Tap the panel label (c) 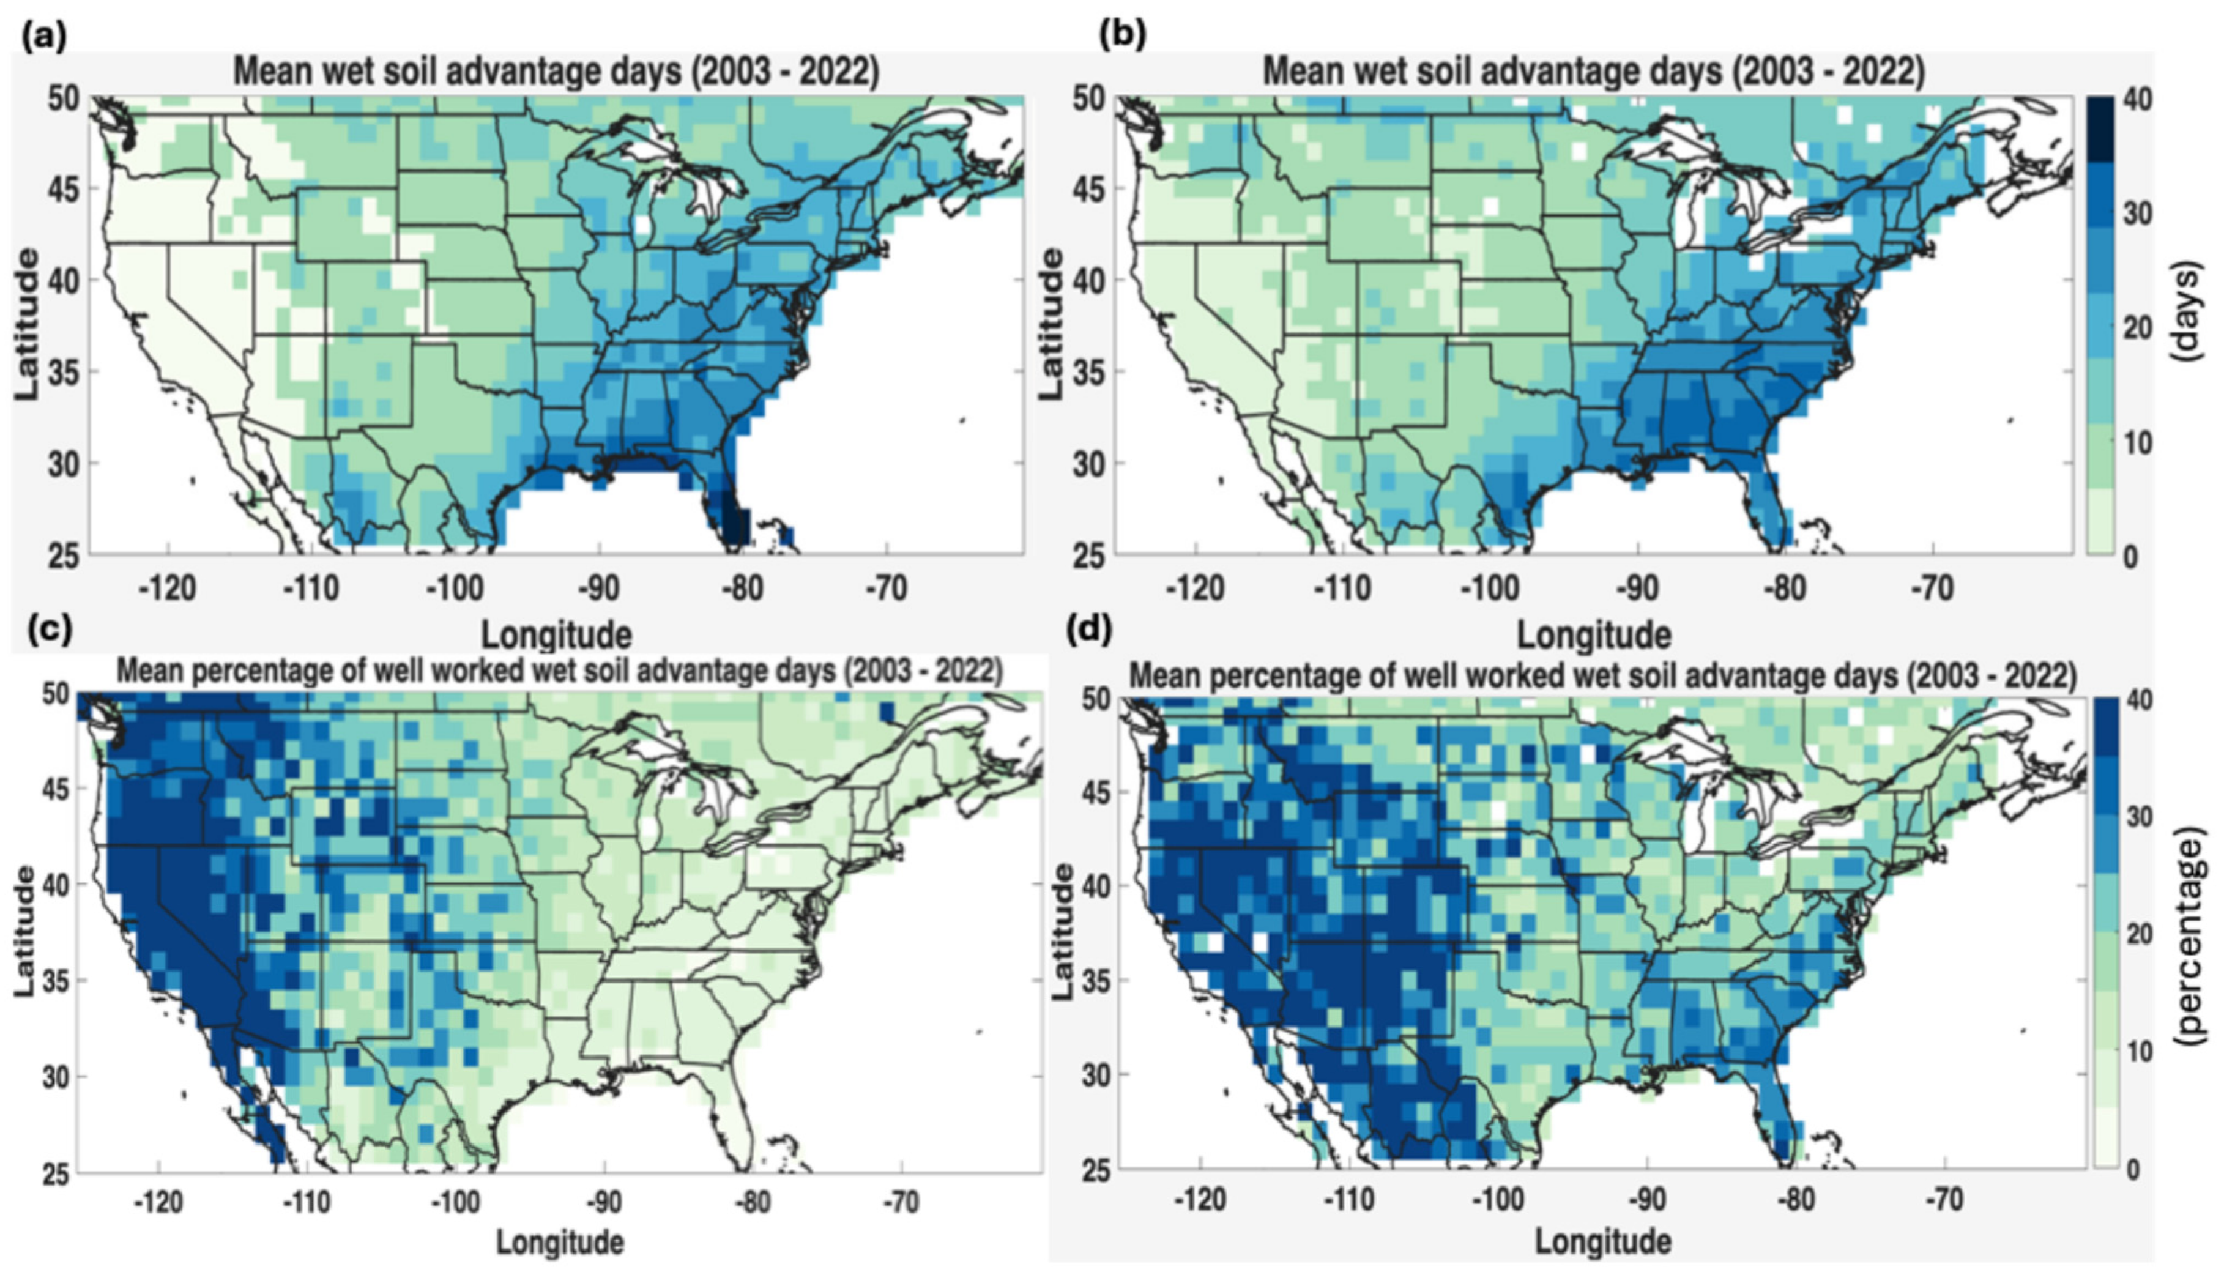point(50,631)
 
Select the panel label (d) point(1091,631)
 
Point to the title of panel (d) point(1603,676)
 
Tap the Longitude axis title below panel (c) point(560,1242)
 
